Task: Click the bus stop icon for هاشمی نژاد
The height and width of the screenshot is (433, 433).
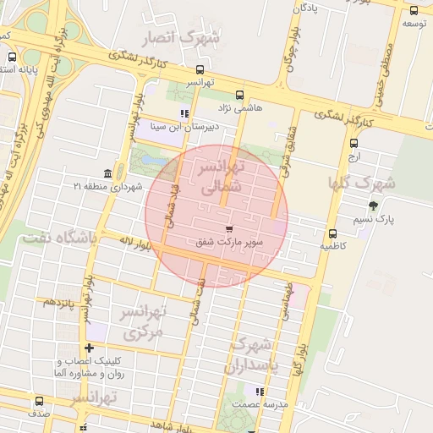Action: point(239,96)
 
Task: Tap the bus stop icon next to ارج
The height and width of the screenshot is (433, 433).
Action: point(354,143)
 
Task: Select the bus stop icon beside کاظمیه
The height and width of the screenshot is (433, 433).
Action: point(332,234)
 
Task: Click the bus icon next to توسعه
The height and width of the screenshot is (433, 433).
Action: point(414,11)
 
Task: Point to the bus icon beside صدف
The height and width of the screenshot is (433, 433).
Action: point(39,401)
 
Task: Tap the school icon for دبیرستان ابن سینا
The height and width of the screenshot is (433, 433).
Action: point(184,114)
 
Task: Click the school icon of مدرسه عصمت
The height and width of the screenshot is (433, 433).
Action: point(260,392)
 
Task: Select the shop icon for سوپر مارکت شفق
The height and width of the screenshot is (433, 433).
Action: point(229,229)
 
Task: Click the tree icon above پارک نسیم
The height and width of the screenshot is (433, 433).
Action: point(373,205)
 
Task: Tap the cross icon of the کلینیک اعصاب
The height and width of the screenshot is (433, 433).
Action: point(89,348)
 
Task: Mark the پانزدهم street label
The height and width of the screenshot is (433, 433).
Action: point(59,302)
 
